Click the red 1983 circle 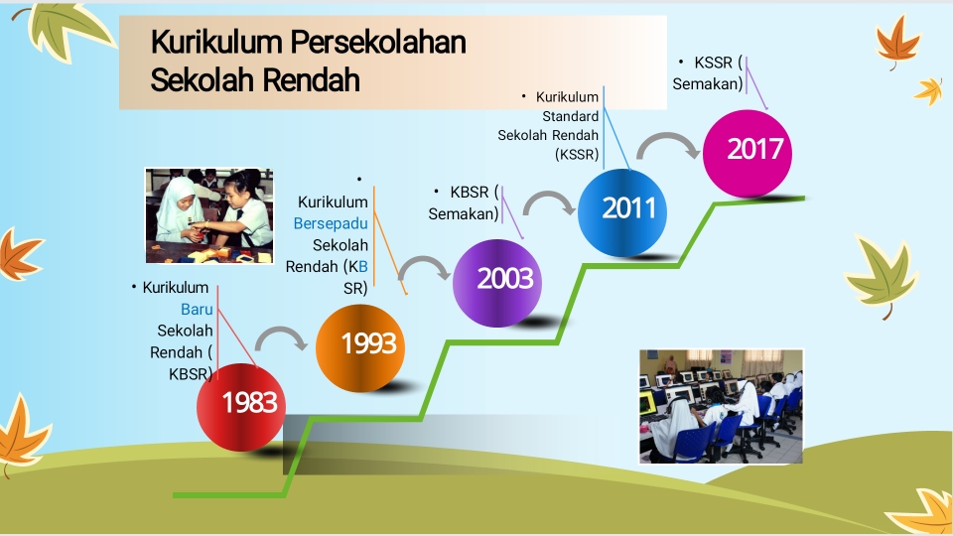(x=241, y=407)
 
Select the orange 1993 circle (x=360, y=348)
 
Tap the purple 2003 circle (x=497, y=283)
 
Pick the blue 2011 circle (x=622, y=212)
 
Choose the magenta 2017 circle (x=748, y=154)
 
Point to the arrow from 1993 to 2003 (x=424, y=261)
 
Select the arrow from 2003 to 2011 (x=549, y=196)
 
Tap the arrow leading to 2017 (x=668, y=137)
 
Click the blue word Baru (x=197, y=310)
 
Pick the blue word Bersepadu (x=331, y=223)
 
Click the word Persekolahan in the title (x=378, y=42)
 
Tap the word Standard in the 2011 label (x=570, y=116)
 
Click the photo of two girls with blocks (x=209, y=215)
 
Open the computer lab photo (x=722, y=407)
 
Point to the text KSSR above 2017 (x=714, y=63)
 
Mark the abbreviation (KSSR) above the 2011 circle (x=577, y=155)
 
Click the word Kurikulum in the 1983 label (x=176, y=288)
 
